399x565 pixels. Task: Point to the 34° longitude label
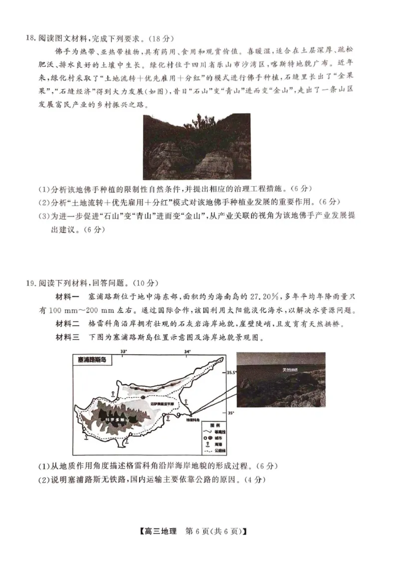188,351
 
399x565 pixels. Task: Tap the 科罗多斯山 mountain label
117,420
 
